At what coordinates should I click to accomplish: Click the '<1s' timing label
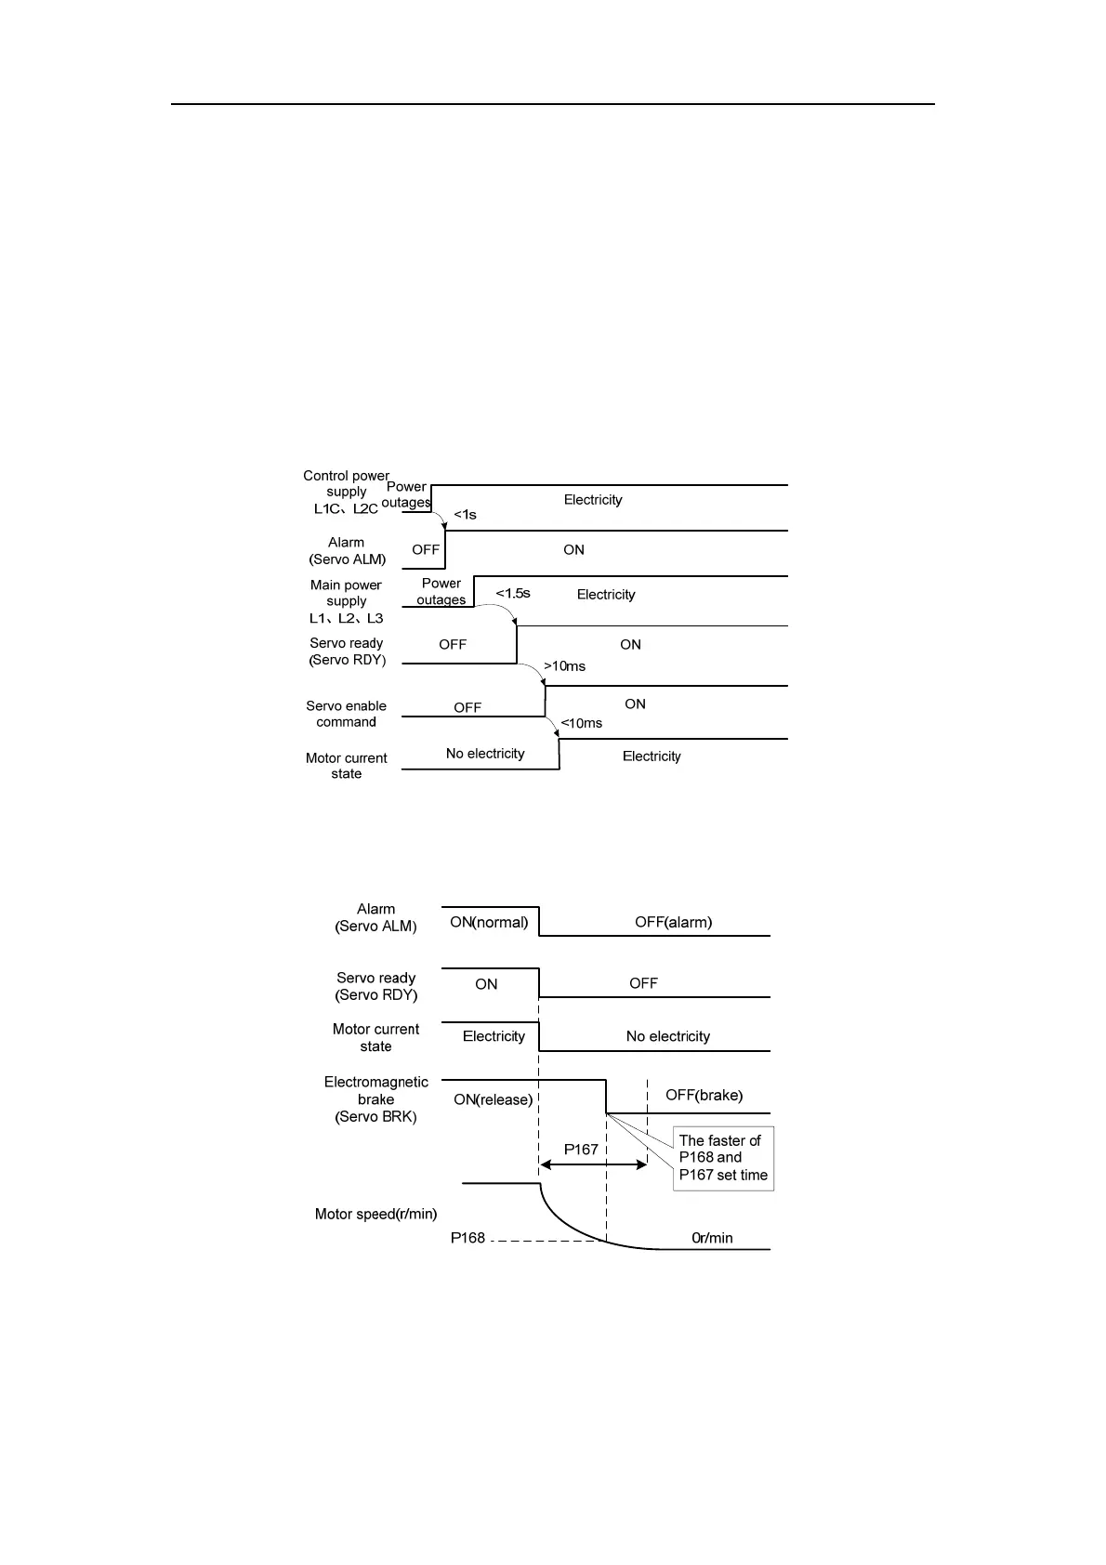pos(465,515)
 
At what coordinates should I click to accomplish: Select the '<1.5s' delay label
pos(513,593)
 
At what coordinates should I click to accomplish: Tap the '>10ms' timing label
pos(564,666)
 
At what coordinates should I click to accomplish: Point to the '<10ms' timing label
pos(581,723)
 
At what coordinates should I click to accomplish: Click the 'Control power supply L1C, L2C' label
pos(346,493)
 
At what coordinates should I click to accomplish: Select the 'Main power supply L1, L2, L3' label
pos(346,601)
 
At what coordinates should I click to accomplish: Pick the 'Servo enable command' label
pos(346,714)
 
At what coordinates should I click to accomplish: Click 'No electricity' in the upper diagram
pos(485,754)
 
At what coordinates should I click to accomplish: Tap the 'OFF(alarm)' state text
pos(673,922)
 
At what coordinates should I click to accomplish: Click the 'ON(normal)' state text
pos(489,922)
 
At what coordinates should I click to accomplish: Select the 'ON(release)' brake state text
pos(493,1099)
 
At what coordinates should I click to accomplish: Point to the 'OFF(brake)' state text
pos(704,1095)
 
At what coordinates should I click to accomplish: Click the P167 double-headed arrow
pos(593,1164)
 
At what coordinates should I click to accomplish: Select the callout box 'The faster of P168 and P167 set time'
pos(723,1158)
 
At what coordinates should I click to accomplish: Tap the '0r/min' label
pos(712,1238)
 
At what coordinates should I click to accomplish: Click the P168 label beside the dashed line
pos(467,1238)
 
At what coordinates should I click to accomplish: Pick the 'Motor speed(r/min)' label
pos(375,1214)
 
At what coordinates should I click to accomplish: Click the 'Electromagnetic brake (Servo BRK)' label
pos(375,1099)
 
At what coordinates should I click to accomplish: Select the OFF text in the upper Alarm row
pos(426,549)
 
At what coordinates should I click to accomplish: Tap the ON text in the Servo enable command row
pos(635,704)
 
